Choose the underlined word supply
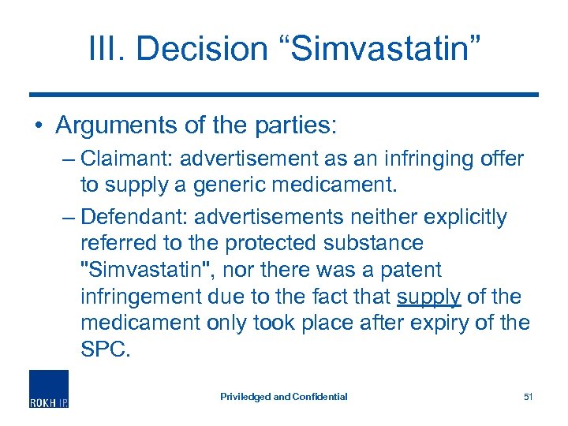tap(429, 297)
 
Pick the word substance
tap(374, 243)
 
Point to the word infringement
tap(142, 297)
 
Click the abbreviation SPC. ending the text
tap(103, 350)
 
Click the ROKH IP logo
tap(49, 390)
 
